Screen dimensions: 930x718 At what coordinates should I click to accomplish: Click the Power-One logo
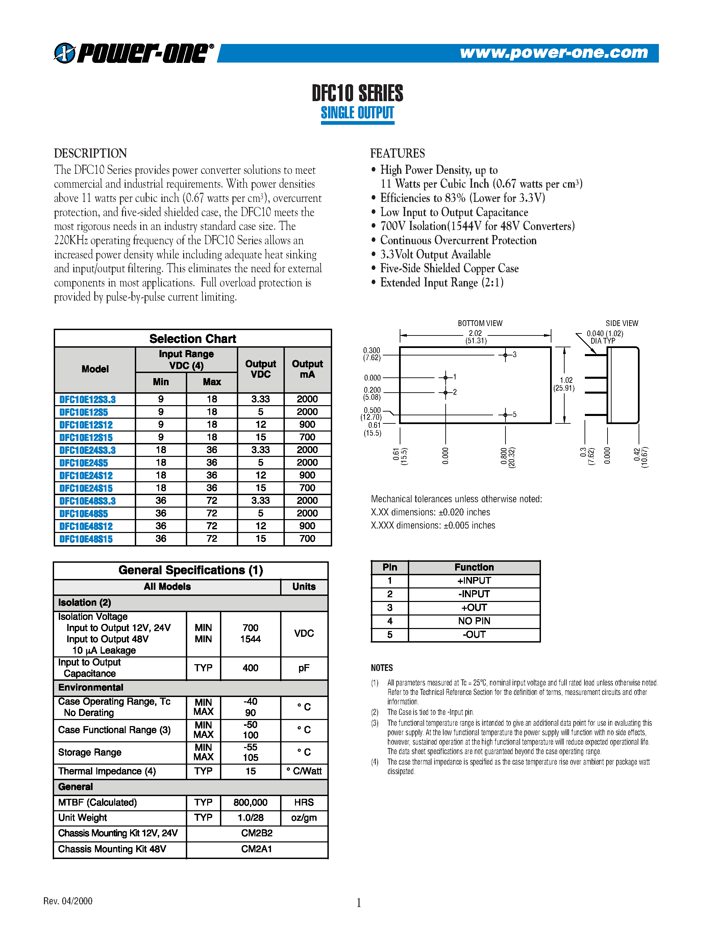click(133, 53)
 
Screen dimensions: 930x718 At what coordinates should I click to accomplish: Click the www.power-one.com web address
click(554, 53)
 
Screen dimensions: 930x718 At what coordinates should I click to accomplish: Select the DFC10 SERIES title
click(357, 93)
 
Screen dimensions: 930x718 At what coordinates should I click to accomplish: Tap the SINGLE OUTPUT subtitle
click(357, 113)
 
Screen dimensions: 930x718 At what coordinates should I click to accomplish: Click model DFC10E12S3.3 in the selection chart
click(88, 399)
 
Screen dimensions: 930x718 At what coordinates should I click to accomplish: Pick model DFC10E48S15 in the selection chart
click(86, 539)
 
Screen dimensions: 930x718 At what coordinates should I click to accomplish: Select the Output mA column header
click(307, 369)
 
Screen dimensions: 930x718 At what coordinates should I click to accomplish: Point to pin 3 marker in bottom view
click(505, 355)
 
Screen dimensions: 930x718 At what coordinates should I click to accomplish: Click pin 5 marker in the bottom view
click(505, 414)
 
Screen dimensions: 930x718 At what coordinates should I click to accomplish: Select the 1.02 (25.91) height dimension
click(565, 384)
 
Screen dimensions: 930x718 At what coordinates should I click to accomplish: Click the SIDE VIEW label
click(621, 323)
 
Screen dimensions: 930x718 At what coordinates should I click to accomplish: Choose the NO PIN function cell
click(474, 621)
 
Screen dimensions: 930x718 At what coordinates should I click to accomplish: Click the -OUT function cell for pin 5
click(474, 634)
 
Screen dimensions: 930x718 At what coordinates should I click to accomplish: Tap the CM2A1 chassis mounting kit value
click(256, 849)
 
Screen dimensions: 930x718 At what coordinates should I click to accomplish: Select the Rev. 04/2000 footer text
click(68, 901)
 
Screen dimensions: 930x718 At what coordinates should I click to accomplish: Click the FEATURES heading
click(397, 153)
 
